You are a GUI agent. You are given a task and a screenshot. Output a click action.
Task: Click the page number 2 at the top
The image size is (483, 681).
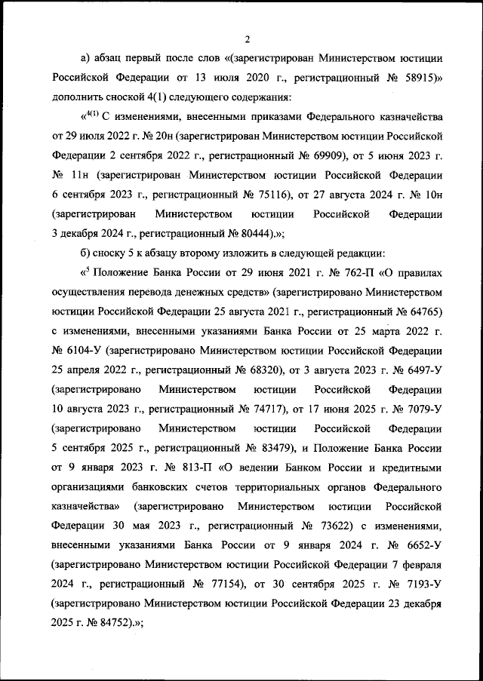[x=247, y=39]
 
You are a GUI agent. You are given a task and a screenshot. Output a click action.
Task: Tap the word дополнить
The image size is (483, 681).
[x=79, y=97]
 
